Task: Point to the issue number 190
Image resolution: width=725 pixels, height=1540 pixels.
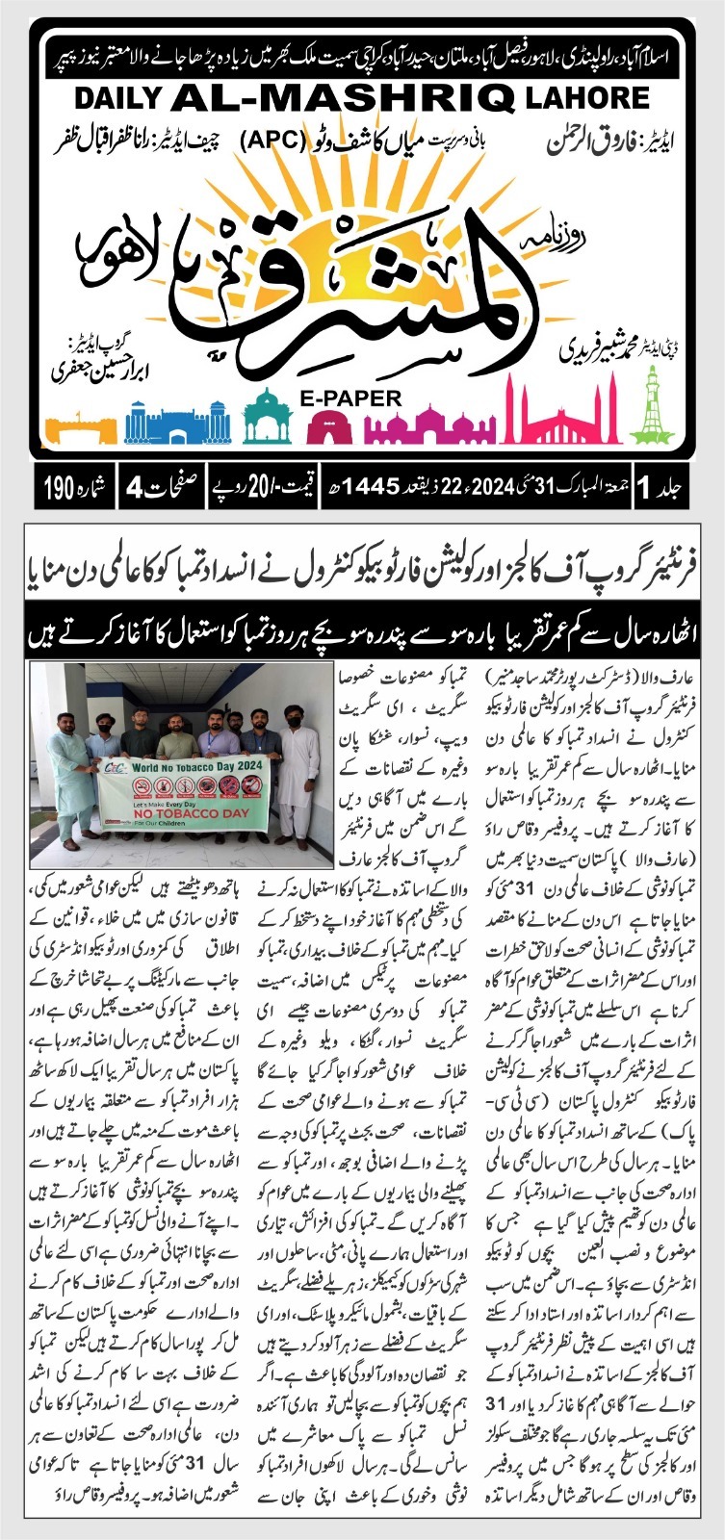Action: tap(60, 490)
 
